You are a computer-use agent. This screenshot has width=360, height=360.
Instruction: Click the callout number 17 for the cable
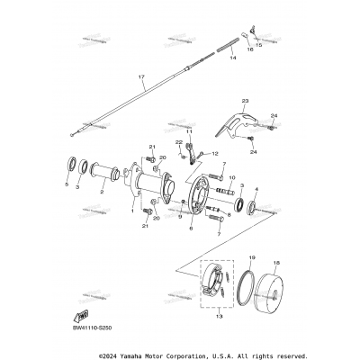tap(140, 78)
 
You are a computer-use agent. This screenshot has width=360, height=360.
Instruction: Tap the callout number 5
tap(67, 184)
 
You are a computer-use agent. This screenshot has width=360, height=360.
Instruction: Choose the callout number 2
tap(102, 192)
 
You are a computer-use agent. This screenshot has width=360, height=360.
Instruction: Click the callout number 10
tap(231, 177)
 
